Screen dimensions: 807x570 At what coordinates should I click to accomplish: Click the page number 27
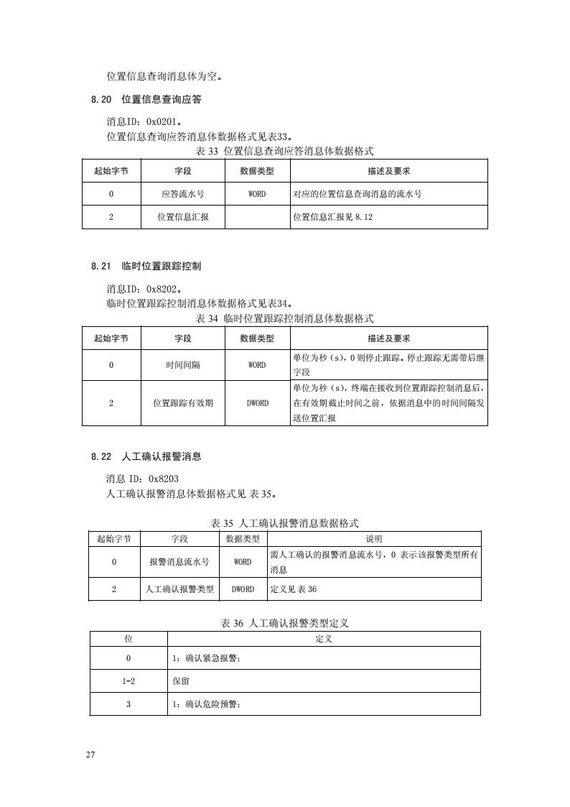pos(90,755)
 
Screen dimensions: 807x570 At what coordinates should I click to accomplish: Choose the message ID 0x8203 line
pos(142,479)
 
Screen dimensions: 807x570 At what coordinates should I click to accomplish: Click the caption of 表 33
pos(284,151)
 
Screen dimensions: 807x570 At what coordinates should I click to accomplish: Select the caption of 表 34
pos(284,318)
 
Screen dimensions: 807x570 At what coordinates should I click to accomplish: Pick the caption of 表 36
pos(284,624)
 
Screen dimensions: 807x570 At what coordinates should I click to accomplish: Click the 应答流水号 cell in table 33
pos(183,194)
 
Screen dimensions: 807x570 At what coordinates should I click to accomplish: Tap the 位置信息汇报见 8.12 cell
pos(333,216)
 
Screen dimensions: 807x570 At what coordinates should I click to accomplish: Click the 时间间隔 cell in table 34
pos(183,365)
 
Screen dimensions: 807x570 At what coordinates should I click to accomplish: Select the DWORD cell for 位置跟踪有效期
pos(258,403)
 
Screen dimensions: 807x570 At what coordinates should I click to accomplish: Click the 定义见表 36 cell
pos(294,589)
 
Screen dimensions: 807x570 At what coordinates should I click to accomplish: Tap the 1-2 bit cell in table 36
pos(129,681)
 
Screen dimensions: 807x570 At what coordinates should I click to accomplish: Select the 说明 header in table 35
pos(374,539)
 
